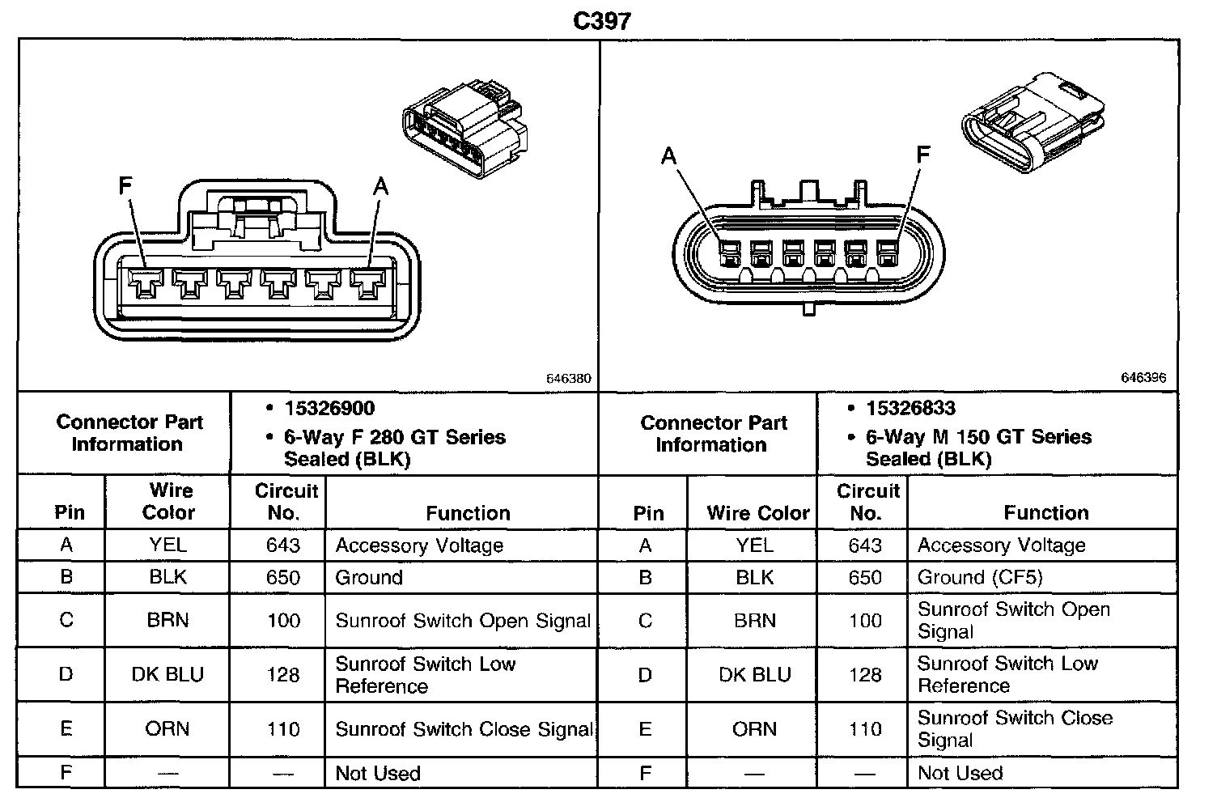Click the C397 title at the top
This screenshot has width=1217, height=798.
(601, 20)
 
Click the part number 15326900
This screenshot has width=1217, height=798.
(329, 409)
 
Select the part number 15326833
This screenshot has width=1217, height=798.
(910, 409)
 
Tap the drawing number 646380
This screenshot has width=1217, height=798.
(569, 378)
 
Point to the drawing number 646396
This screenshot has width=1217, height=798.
(1143, 378)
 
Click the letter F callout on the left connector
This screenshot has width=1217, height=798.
(125, 187)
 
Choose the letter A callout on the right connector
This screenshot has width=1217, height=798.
(668, 155)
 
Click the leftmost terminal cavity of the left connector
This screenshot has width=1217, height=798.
(146, 284)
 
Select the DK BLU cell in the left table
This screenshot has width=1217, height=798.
(167, 674)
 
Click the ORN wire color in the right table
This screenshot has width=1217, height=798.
(754, 729)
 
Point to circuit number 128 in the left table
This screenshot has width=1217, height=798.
(283, 674)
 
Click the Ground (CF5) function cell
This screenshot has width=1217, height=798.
(980, 577)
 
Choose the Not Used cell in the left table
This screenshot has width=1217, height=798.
(378, 774)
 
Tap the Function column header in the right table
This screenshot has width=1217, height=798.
(1045, 512)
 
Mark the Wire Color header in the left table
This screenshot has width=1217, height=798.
(168, 501)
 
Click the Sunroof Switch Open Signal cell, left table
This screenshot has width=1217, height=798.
(463, 621)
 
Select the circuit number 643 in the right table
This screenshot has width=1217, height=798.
(864, 545)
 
